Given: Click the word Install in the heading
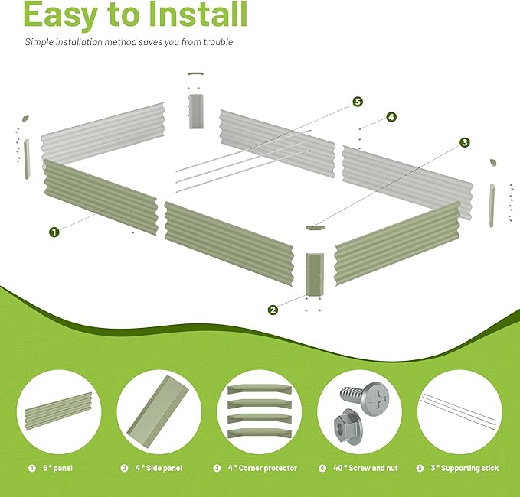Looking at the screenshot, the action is click(198, 14).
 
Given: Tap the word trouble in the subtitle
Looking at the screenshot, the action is click(218, 42).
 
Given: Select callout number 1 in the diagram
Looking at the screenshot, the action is click(54, 232).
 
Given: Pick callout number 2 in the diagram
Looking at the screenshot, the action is click(273, 310).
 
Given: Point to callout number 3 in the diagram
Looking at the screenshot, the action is click(465, 142).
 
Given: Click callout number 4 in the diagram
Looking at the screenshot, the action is click(391, 117).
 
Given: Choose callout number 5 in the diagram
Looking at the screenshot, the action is click(358, 102).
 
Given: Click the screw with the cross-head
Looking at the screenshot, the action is click(365, 397).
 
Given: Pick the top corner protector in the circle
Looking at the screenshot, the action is click(260, 389).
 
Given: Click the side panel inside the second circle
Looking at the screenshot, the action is click(158, 411).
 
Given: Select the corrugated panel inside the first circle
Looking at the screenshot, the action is click(58, 411).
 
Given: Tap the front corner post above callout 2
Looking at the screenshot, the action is click(315, 274).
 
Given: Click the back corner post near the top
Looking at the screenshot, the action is click(196, 112).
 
